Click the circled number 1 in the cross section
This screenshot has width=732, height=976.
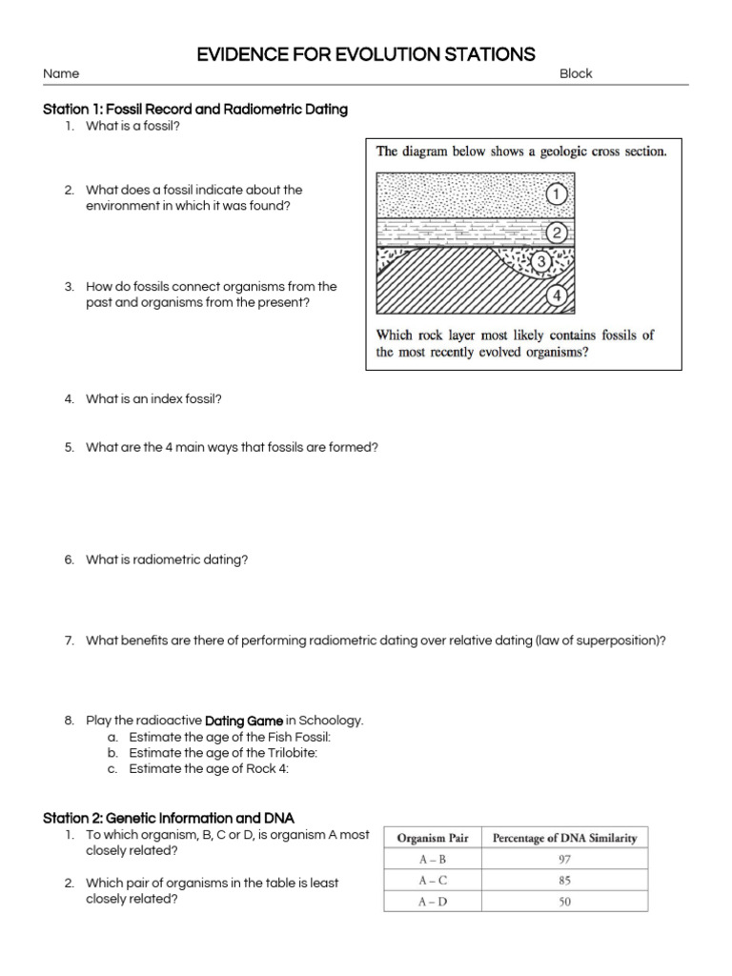(558, 194)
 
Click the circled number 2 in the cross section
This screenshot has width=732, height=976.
(558, 234)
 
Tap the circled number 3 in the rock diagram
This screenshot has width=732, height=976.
(541, 261)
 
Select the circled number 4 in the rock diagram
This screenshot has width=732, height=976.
(558, 295)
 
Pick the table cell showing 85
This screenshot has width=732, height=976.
(564, 881)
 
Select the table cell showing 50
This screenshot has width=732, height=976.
(564, 902)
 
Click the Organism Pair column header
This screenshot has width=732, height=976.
(432, 839)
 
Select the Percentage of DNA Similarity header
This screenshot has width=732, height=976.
(564, 839)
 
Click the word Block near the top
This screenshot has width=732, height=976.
(576, 73)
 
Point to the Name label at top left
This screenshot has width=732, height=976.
(61, 73)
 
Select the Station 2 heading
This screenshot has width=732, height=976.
(169, 818)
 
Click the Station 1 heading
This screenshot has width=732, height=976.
(195, 110)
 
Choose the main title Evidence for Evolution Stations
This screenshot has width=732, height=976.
(366, 54)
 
